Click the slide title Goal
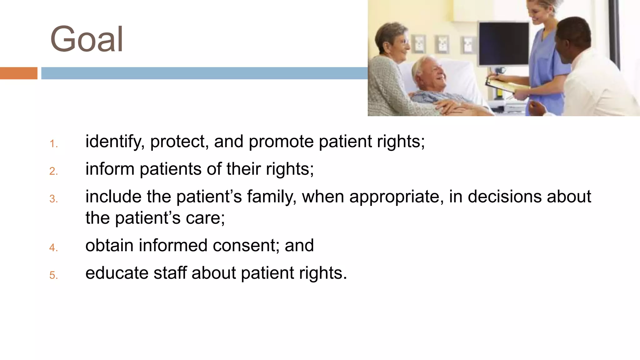87,39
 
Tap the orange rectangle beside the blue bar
18,73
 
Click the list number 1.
53,144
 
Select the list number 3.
53,199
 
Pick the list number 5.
53,275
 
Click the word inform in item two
110,169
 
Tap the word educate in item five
117,273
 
